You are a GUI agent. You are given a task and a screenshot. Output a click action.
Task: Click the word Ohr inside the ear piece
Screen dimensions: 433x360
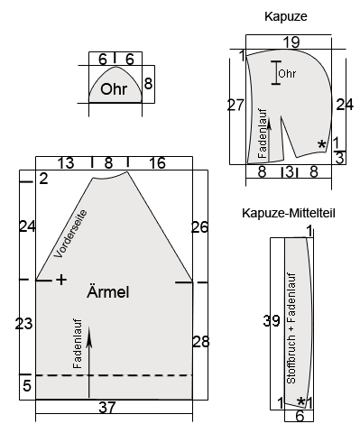[x=114, y=89]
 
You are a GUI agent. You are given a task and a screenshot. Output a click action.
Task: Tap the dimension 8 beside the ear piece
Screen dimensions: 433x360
[x=148, y=84]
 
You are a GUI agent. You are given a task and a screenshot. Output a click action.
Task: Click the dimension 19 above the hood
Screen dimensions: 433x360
[x=291, y=42]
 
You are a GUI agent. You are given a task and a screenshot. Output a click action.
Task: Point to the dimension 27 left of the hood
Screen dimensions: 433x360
[x=235, y=106]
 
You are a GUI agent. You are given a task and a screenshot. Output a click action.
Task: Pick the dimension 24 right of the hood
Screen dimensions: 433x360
[x=344, y=104]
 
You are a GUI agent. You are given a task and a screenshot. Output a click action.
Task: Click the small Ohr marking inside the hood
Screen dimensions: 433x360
[x=287, y=73]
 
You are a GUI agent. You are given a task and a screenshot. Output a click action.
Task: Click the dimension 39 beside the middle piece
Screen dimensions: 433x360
[x=268, y=320]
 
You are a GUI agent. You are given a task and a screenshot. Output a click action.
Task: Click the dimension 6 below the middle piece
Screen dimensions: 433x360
[x=300, y=416]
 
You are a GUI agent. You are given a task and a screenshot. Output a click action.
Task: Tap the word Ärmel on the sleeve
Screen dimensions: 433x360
[x=108, y=292]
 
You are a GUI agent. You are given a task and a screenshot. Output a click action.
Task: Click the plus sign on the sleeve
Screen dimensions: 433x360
[x=61, y=281]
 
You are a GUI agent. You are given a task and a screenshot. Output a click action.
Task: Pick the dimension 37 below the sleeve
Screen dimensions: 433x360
[x=106, y=408]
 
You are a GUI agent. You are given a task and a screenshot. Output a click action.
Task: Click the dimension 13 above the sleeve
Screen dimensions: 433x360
[x=66, y=163]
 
